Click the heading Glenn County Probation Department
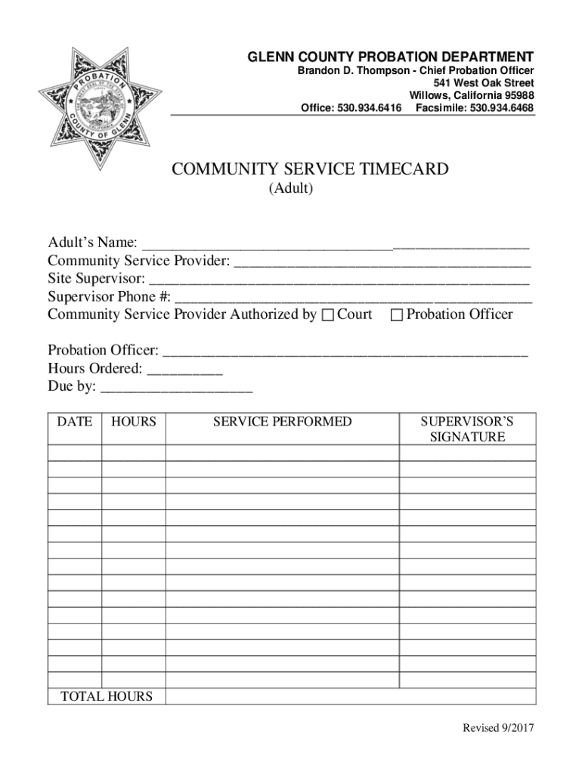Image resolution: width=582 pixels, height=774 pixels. point(392,57)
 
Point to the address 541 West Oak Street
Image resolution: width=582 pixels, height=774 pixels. point(484,83)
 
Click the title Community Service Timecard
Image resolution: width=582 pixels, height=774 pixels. point(310,169)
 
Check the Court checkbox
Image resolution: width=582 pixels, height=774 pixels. point(327,315)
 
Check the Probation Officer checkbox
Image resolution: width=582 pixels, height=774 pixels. point(397,315)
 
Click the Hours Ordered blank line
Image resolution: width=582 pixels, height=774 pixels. point(185,371)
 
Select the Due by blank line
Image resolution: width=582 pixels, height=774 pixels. point(176,389)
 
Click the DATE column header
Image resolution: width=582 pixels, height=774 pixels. point(75,422)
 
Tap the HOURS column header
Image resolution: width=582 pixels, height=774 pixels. point(133,422)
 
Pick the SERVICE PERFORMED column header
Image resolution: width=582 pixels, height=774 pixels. point(282,422)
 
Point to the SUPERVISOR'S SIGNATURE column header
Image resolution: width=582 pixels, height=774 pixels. point(467,429)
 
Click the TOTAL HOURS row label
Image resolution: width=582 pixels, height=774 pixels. point(106,697)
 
